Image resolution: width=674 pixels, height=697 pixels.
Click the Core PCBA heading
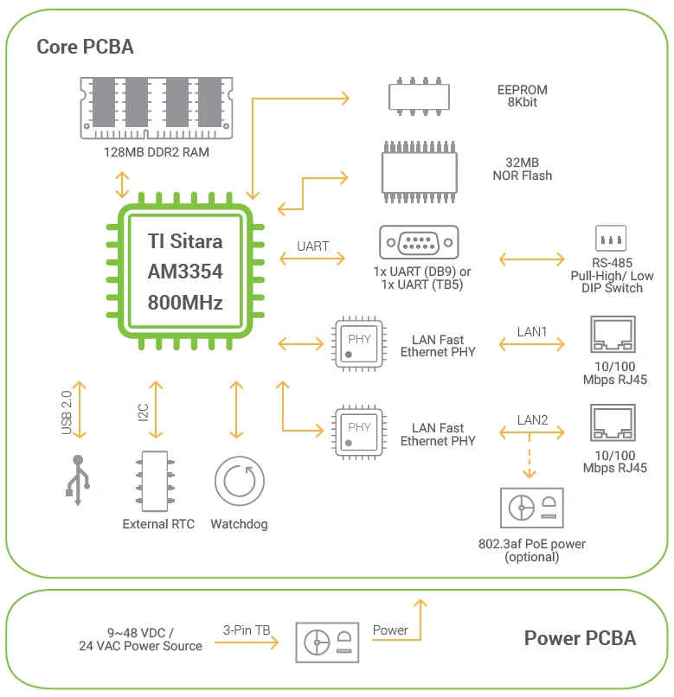pyautogui.click(x=85, y=47)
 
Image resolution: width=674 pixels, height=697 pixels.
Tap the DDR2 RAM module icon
pyautogui.click(x=157, y=106)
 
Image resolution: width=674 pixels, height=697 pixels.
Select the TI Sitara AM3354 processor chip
pyautogui.click(x=184, y=272)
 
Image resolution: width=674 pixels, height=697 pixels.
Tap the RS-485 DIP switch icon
pyautogui.click(x=611, y=239)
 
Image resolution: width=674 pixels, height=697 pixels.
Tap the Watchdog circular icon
pyautogui.click(x=240, y=482)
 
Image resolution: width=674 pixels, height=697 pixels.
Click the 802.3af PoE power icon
pyautogui.click(x=531, y=508)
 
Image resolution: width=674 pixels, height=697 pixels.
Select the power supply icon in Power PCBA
pyautogui.click(x=327, y=643)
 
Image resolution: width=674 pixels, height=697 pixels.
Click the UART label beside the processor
pyautogui.click(x=312, y=246)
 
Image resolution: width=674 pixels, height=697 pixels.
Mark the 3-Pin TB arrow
pyautogui.click(x=251, y=642)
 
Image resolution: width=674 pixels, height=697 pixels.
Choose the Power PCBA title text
pyautogui.click(x=579, y=639)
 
